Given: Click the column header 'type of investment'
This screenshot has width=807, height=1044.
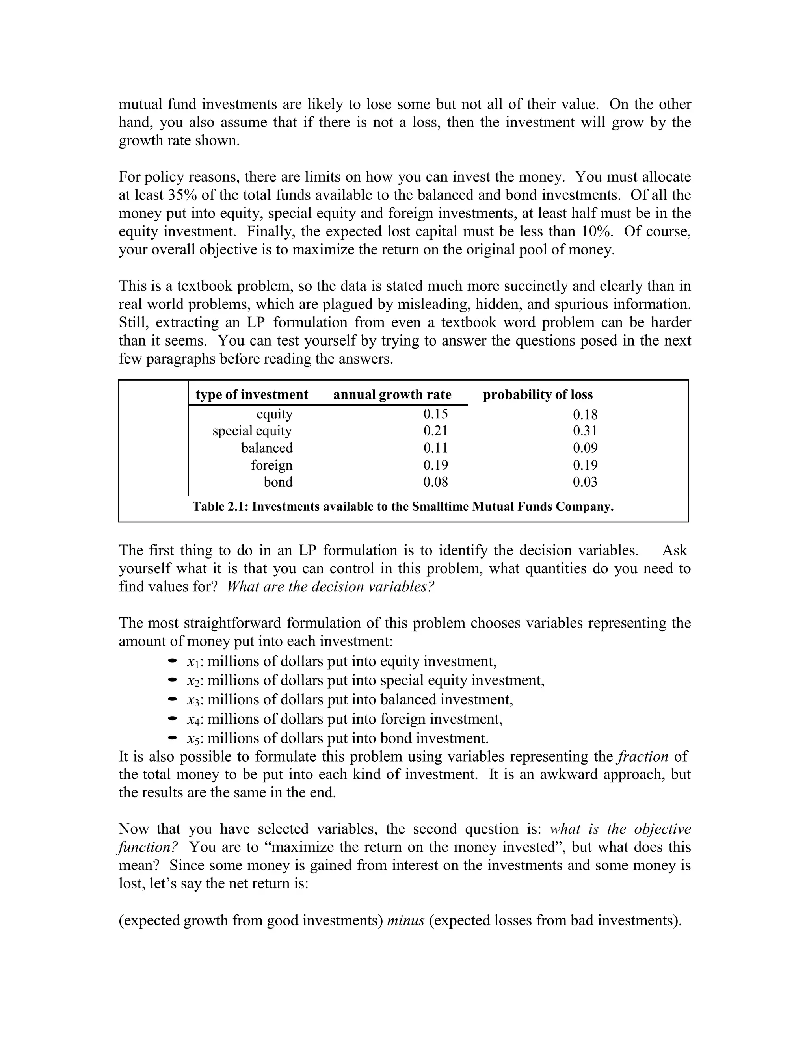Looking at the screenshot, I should tap(251, 394).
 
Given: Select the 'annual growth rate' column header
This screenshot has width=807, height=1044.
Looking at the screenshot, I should tap(392, 394).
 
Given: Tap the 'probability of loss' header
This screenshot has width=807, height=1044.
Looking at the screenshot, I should tap(537, 394).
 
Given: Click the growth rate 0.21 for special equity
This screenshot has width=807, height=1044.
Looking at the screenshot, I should tap(435, 431).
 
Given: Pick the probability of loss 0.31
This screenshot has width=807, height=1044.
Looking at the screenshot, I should tap(585, 431).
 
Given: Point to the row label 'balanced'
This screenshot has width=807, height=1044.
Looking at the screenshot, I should tap(267, 448).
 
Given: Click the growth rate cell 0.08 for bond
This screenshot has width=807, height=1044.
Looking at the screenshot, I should tap(435, 482).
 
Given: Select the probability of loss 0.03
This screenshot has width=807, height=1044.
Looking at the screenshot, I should tap(585, 482).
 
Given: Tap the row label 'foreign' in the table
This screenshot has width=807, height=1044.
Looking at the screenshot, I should tap(271, 465).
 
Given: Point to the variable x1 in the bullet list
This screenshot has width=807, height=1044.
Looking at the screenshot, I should tap(193, 662).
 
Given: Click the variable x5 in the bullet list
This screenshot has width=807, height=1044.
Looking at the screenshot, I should tap(193, 739).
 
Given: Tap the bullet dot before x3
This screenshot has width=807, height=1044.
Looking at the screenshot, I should tap(173, 699).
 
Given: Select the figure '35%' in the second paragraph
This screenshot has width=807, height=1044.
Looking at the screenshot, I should tap(182, 195).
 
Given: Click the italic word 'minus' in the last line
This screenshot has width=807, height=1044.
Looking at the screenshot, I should tap(405, 920).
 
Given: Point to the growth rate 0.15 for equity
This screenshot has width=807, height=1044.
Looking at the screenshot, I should tap(435, 414).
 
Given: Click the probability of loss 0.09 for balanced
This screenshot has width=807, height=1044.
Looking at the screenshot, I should tap(585, 448).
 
